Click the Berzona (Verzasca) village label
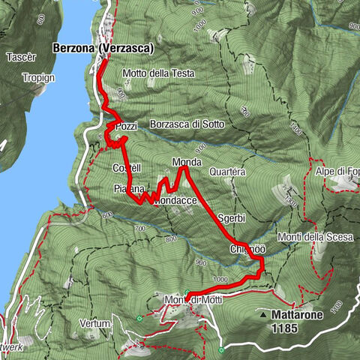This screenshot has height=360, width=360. click(x=103, y=48)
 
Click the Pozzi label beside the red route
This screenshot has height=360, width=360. click(x=127, y=126)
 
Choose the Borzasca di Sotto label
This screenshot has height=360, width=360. click(x=185, y=124)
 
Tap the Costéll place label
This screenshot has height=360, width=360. click(x=125, y=167)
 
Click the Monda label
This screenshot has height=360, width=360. click(x=185, y=162)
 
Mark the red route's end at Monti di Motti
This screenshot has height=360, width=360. click(x=187, y=293)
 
